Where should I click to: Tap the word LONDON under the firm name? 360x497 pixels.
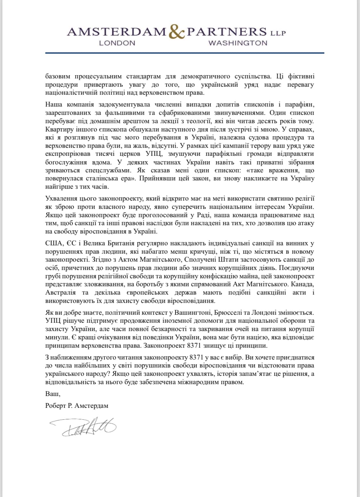pyautogui.click(x=117, y=43)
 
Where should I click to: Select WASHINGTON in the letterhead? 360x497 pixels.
pyautogui.click(x=238, y=43)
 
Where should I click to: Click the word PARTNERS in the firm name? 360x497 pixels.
pyautogui.click(x=227, y=31)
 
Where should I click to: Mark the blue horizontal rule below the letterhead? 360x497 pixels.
pyautogui.click(x=185, y=53)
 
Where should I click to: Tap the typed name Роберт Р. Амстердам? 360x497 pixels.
pyautogui.click(x=77, y=406)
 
